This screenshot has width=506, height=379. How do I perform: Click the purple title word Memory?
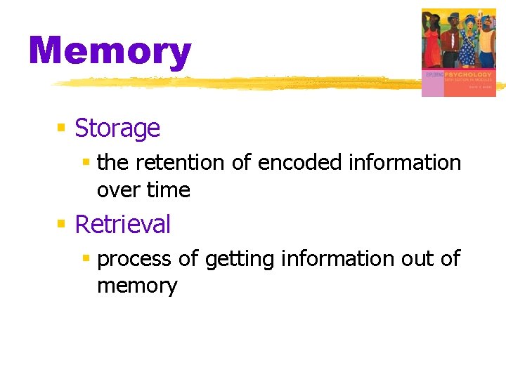click(x=110, y=51)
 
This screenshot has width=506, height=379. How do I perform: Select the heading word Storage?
click(x=117, y=128)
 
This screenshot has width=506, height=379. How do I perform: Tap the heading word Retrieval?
click(x=122, y=224)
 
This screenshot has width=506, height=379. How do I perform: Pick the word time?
click(x=168, y=190)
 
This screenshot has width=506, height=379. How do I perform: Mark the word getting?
click(x=240, y=259)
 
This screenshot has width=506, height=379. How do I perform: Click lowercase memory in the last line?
click(x=137, y=286)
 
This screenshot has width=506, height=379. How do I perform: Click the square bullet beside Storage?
click(x=61, y=128)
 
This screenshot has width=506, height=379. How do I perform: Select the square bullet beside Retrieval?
click(x=61, y=224)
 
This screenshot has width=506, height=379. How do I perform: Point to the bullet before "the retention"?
click(x=86, y=163)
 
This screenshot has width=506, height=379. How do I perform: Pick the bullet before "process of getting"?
click(x=86, y=259)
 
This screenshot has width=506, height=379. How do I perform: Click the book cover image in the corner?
click(x=458, y=52)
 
